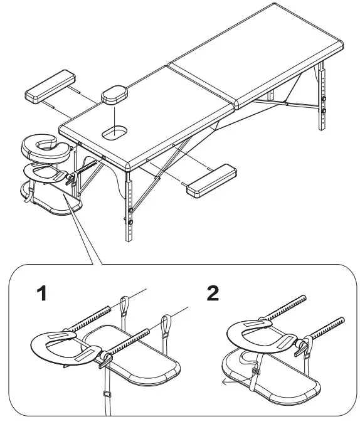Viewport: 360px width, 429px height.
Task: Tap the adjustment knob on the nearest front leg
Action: tap(131, 221)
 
